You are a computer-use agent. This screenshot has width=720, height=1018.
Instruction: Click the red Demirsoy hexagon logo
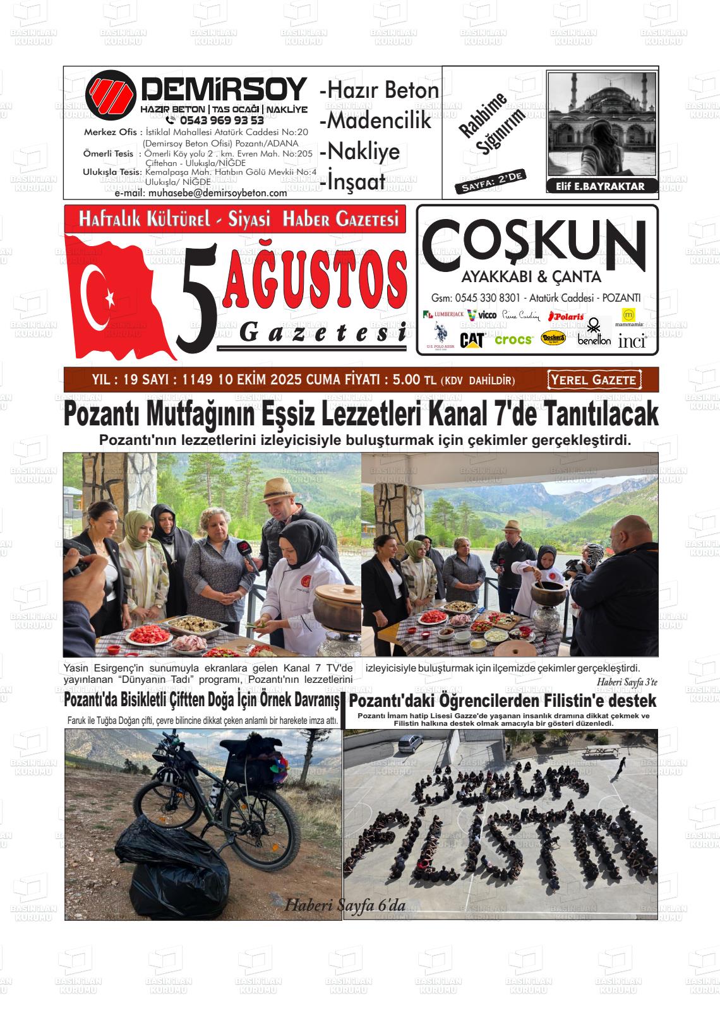(x=111, y=95)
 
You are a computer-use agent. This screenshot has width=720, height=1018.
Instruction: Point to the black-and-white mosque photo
(x=601, y=124)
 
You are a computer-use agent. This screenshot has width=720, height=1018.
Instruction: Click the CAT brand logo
(x=471, y=340)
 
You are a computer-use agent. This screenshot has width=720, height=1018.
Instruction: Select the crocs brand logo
(x=513, y=340)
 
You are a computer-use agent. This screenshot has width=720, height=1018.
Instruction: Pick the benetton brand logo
(x=594, y=340)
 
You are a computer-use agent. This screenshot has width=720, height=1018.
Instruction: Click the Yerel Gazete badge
(x=594, y=380)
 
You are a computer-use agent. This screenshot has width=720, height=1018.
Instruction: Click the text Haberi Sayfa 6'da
(x=345, y=904)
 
